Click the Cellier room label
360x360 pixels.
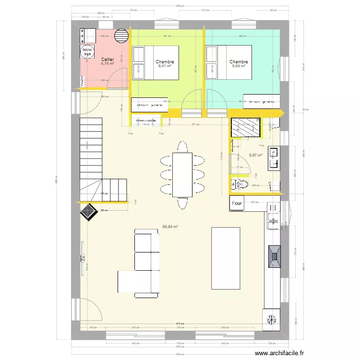click(x=107, y=59)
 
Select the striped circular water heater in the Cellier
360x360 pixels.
click(x=122, y=36)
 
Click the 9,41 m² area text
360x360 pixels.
click(x=165, y=67)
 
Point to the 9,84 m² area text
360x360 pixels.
click(x=239, y=67)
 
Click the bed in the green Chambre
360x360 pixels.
click(x=155, y=62)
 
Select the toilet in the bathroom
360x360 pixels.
click(x=241, y=183)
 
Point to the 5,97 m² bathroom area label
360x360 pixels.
click(x=255, y=155)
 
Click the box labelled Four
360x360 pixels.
click(x=237, y=203)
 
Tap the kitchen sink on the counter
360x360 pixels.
click(x=274, y=221)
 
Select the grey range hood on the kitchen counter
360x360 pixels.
click(x=275, y=252)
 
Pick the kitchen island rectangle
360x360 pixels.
click(x=226, y=258)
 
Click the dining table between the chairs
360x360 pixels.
click(x=182, y=175)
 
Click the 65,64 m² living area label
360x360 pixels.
click(x=170, y=227)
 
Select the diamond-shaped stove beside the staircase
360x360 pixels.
click(x=87, y=211)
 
